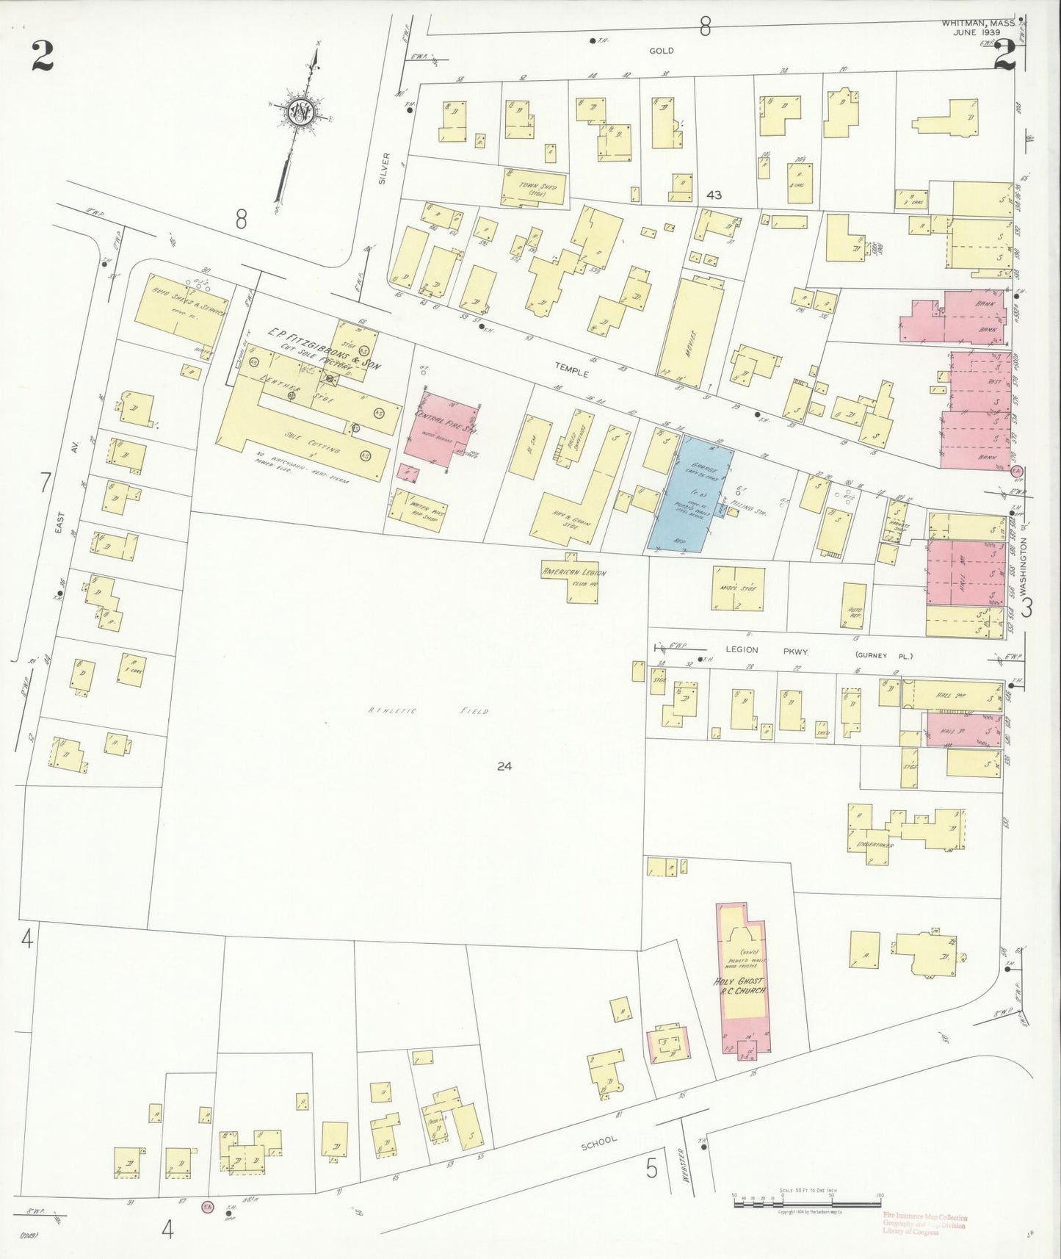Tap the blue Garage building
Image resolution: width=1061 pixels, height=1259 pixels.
[x=691, y=491]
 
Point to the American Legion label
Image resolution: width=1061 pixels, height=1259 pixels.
[x=573, y=572]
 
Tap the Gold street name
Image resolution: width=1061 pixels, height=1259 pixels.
[x=661, y=51]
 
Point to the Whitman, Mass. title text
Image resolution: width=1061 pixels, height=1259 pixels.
[x=978, y=24]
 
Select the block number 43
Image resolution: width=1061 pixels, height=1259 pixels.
[x=714, y=195]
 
